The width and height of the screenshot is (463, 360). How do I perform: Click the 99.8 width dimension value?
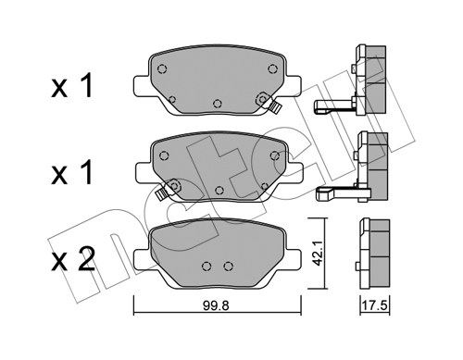216,305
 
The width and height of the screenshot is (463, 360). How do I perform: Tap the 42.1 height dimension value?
317,254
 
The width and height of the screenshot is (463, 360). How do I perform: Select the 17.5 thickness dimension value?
374,305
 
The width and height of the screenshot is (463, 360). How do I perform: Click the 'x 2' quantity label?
73,259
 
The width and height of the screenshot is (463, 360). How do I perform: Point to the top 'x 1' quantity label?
72,85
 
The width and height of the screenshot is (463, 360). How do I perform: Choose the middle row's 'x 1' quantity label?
72,172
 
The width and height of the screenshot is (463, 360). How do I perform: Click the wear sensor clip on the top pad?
274,107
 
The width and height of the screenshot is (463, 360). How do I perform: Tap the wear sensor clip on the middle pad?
161,194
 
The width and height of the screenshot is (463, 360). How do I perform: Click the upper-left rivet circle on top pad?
162,68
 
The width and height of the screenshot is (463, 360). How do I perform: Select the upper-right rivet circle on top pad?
272,68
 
